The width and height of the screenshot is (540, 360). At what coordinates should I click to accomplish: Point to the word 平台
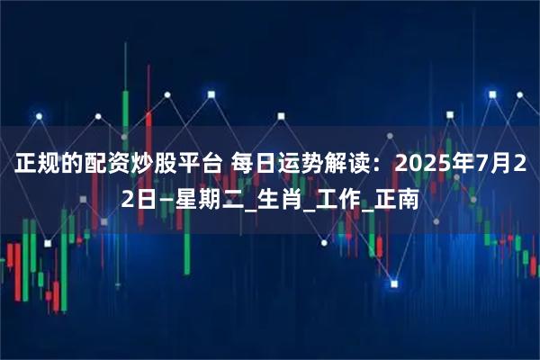click(x=199, y=164)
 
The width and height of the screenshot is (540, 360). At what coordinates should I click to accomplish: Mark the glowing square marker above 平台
click(x=211, y=93)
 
